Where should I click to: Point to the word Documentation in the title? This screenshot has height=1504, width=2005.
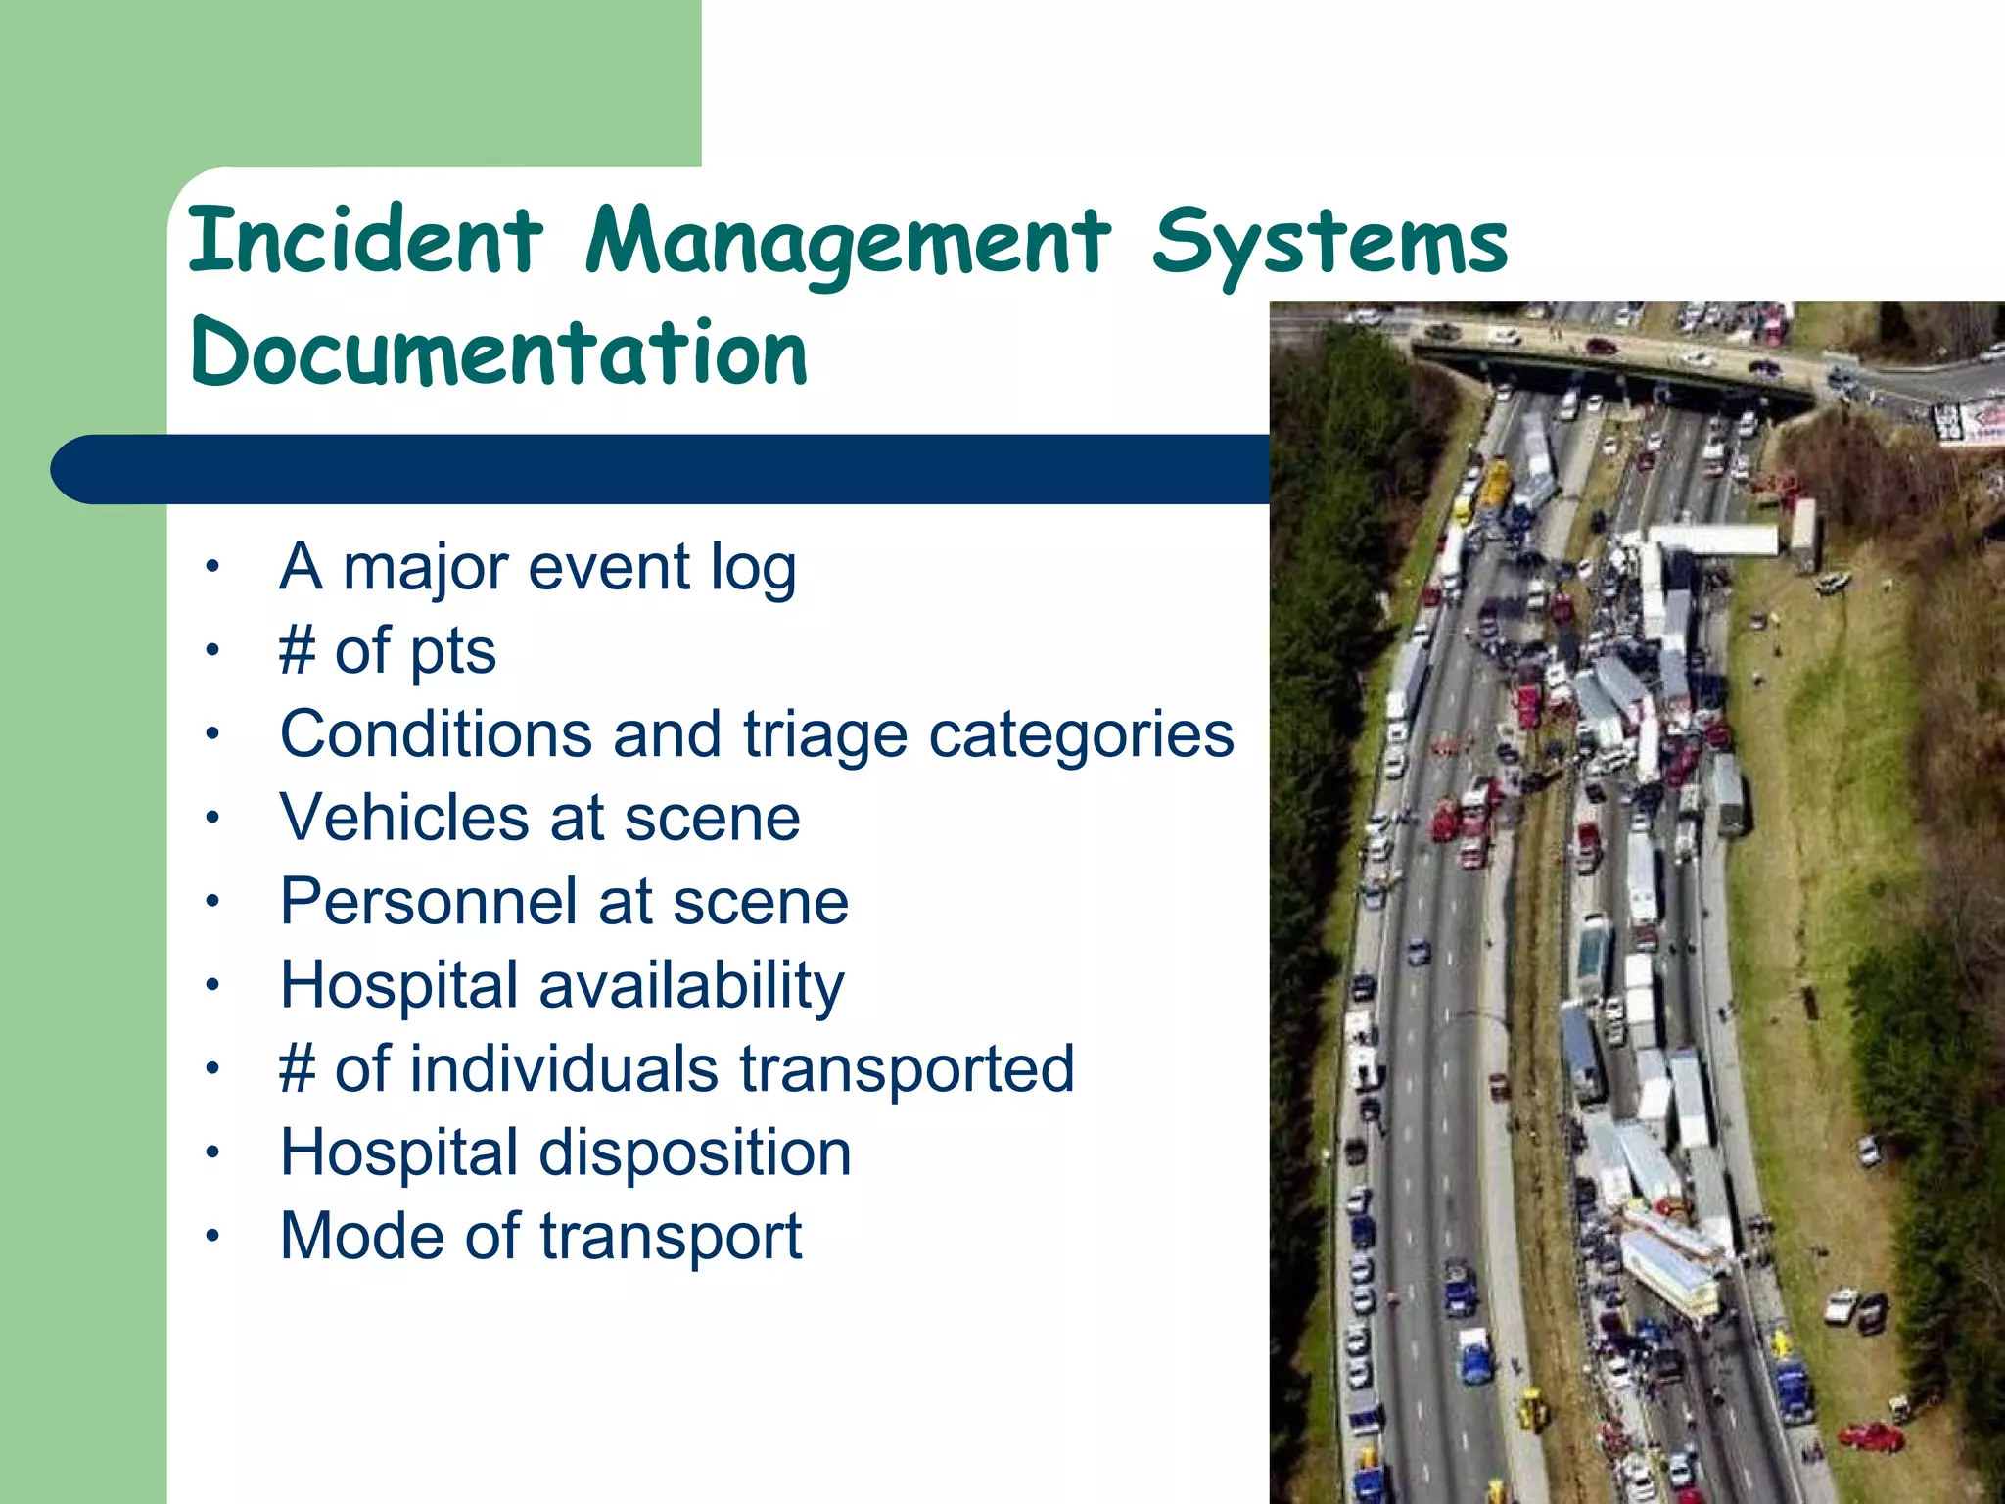pyautogui.click(x=498, y=352)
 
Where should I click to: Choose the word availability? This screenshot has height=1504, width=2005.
pyautogui.click(x=691, y=986)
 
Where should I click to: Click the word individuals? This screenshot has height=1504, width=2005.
pyautogui.click(x=565, y=1068)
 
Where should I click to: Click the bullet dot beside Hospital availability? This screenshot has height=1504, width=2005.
pyautogui.click(x=212, y=985)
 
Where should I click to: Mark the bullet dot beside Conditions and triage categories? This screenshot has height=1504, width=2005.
pyautogui.click(x=212, y=734)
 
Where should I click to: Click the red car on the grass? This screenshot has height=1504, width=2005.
pyautogui.click(x=1871, y=1436)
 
